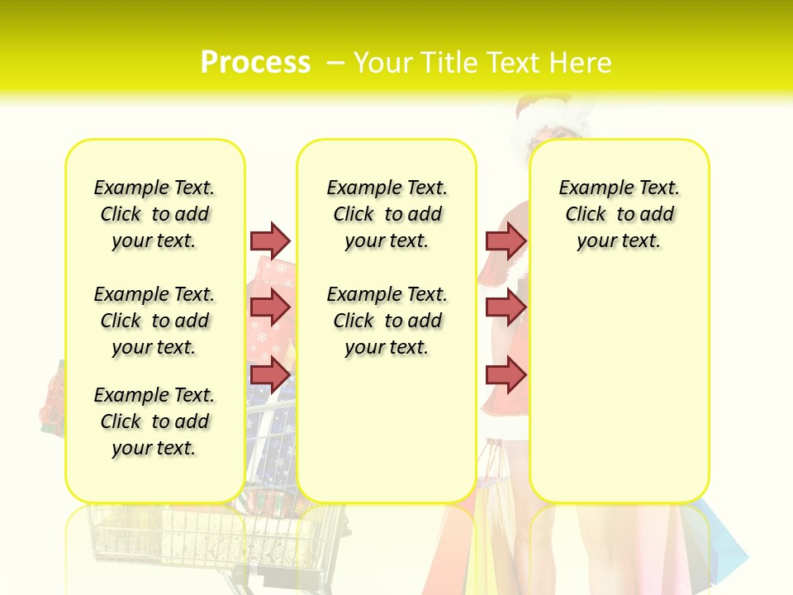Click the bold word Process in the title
pyautogui.click(x=255, y=63)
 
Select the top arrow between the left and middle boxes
pyautogui.click(x=270, y=240)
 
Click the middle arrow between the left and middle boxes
pyautogui.click(x=270, y=307)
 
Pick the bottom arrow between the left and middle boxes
pyautogui.click(x=270, y=374)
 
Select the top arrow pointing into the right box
pyautogui.click(x=506, y=240)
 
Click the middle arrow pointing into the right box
pyautogui.click(x=506, y=307)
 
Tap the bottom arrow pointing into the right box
pyautogui.click(x=506, y=374)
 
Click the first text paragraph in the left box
pyautogui.click(x=154, y=214)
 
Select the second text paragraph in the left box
pyautogui.click(x=154, y=321)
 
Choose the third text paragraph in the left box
pyautogui.click(x=154, y=421)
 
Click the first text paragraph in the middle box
pyautogui.click(x=387, y=214)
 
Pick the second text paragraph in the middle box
pyautogui.click(x=387, y=321)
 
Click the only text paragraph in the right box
pyautogui.click(x=619, y=214)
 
